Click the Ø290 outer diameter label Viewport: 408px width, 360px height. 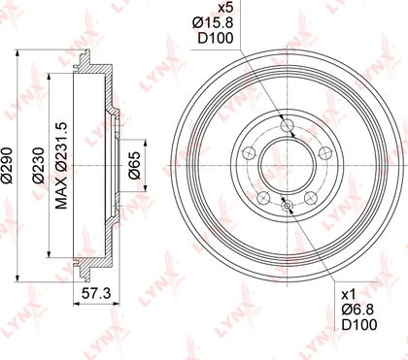tap(7, 166)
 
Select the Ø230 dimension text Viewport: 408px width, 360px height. tap(38, 166)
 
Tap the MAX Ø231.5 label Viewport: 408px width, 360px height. tap(60, 166)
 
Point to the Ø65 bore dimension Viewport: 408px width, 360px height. tap(134, 165)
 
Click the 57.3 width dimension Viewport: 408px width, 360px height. tap(96, 294)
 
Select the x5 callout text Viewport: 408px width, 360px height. tap(225, 8)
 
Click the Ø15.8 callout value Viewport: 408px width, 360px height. tap(213, 23)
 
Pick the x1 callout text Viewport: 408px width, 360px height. tap(349, 295)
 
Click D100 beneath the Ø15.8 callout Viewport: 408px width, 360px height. tap(216, 38)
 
